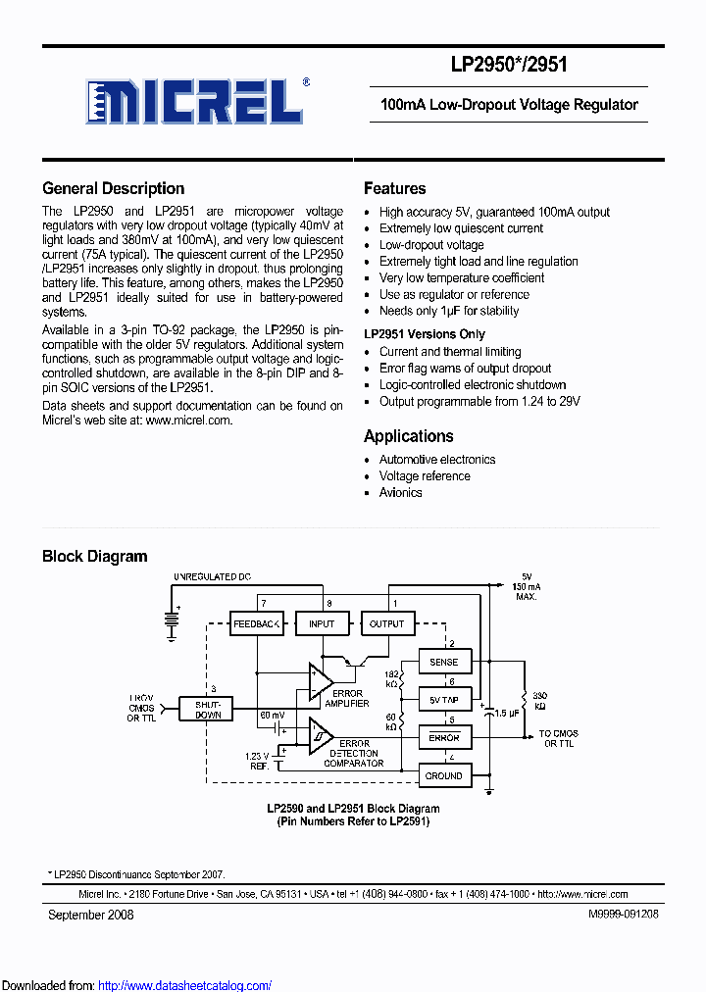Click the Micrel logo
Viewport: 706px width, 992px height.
pos(195,100)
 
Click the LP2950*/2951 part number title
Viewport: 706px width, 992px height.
pos(509,65)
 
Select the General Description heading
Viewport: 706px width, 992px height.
pos(113,189)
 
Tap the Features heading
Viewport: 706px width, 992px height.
pos(394,189)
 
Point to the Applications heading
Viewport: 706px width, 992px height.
pos(408,437)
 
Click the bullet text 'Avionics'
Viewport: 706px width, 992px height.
pos(400,493)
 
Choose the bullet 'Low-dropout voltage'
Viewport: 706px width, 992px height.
pos(431,245)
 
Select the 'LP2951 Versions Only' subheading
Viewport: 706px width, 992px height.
pos(424,334)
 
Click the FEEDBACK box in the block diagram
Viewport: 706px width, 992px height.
pos(257,623)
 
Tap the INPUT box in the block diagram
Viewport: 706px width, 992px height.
pos(322,623)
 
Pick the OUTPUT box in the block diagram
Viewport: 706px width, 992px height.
pos(386,623)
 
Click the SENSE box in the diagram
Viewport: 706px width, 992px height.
pos(444,663)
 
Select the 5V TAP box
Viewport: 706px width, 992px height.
pos(444,700)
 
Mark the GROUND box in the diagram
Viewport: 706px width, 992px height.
pos(444,775)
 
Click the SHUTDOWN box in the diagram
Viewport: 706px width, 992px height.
pos(207,709)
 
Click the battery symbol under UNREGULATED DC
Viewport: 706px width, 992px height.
pos(173,620)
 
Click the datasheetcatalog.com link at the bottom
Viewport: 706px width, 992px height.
pos(185,985)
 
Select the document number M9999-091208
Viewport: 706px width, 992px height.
pos(623,915)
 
